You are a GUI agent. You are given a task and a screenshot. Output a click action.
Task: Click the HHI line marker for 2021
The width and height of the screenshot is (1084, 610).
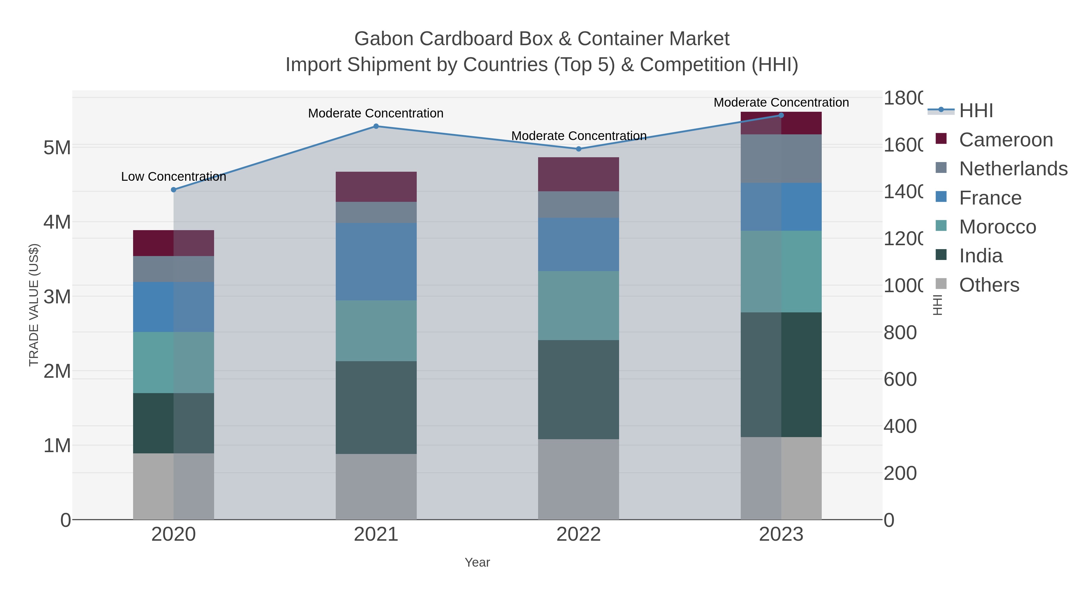[x=376, y=126]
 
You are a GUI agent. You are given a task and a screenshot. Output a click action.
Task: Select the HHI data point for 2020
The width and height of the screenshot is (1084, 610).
[x=173, y=190]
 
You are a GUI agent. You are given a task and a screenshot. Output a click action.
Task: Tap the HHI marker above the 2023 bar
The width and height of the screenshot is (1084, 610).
[x=781, y=115]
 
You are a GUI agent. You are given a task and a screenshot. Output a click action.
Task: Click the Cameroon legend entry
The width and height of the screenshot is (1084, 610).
[x=1006, y=140]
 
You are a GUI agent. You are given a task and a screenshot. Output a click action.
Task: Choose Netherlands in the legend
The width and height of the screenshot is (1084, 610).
[x=1013, y=169]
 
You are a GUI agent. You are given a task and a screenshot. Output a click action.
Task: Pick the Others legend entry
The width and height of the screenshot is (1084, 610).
[x=989, y=285]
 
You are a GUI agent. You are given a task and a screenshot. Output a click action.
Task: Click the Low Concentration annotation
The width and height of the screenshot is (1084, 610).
[x=173, y=177]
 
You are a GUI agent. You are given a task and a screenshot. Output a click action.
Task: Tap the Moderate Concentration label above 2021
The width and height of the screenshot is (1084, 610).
[x=376, y=113]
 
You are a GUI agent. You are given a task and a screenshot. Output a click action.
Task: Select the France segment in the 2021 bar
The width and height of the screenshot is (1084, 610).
[x=376, y=261]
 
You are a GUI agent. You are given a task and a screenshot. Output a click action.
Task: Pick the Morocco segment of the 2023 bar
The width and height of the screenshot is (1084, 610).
[x=781, y=271]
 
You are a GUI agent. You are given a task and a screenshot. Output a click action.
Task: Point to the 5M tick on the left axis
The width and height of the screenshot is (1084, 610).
[x=57, y=148]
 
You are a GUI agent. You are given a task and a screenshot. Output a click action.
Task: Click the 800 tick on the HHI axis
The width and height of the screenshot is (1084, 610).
[x=900, y=333]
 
